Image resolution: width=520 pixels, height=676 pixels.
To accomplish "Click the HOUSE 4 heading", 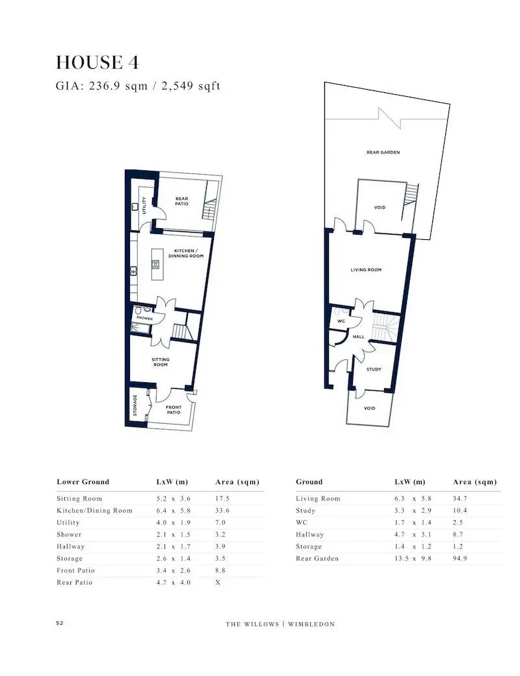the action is click(97, 62).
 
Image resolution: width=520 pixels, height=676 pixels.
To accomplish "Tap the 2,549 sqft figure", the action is click(190, 86).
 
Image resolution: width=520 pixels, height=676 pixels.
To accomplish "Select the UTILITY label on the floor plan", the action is click(144, 205).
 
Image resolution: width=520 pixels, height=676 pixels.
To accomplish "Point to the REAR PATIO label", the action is click(182, 201).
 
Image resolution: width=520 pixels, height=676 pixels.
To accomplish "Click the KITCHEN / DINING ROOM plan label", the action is click(186, 253).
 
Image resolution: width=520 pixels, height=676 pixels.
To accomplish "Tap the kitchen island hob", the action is click(155, 265).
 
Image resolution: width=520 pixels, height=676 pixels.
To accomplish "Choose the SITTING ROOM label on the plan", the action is click(161, 361).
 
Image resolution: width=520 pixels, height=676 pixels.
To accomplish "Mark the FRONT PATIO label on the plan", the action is click(174, 409).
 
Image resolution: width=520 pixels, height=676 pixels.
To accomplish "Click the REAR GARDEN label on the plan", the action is click(383, 152).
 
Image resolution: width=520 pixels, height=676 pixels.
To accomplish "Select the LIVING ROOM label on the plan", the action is click(366, 270).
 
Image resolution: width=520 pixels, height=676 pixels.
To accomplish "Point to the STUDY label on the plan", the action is click(374, 369).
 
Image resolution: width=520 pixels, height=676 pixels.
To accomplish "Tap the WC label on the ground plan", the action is click(341, 321).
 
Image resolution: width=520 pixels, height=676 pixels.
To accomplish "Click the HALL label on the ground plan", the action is click(359, 337).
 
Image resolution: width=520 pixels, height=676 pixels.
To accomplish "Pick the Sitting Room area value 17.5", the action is click(222, 499).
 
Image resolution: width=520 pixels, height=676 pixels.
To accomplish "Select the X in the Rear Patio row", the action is click(218, 582).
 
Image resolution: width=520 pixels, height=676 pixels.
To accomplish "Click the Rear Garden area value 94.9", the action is click(460, 558).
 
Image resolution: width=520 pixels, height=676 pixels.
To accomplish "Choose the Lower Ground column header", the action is click(83, 482).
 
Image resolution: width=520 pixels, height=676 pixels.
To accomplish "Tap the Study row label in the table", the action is click(305, 510).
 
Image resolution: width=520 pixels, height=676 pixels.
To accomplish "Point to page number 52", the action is click(60, 623).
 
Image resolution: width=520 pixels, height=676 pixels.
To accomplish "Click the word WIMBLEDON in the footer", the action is click(311, 624).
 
